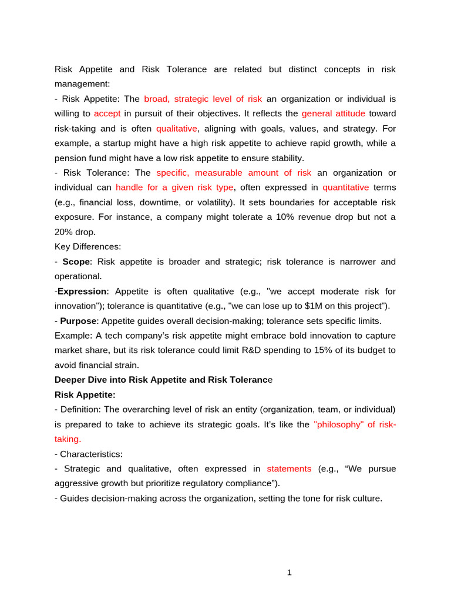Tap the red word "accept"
(x=106, y=113)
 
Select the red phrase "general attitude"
(x=334, y=113)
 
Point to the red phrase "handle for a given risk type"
(x=174, y=188)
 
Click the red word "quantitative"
(x=346, y=188)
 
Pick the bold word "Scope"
(x=77, y=262)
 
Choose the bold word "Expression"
(x=82, y=291)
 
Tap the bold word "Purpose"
(x=78, y=321)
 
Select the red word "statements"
(x=289, y=469)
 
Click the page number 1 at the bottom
(x=290, y=573)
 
